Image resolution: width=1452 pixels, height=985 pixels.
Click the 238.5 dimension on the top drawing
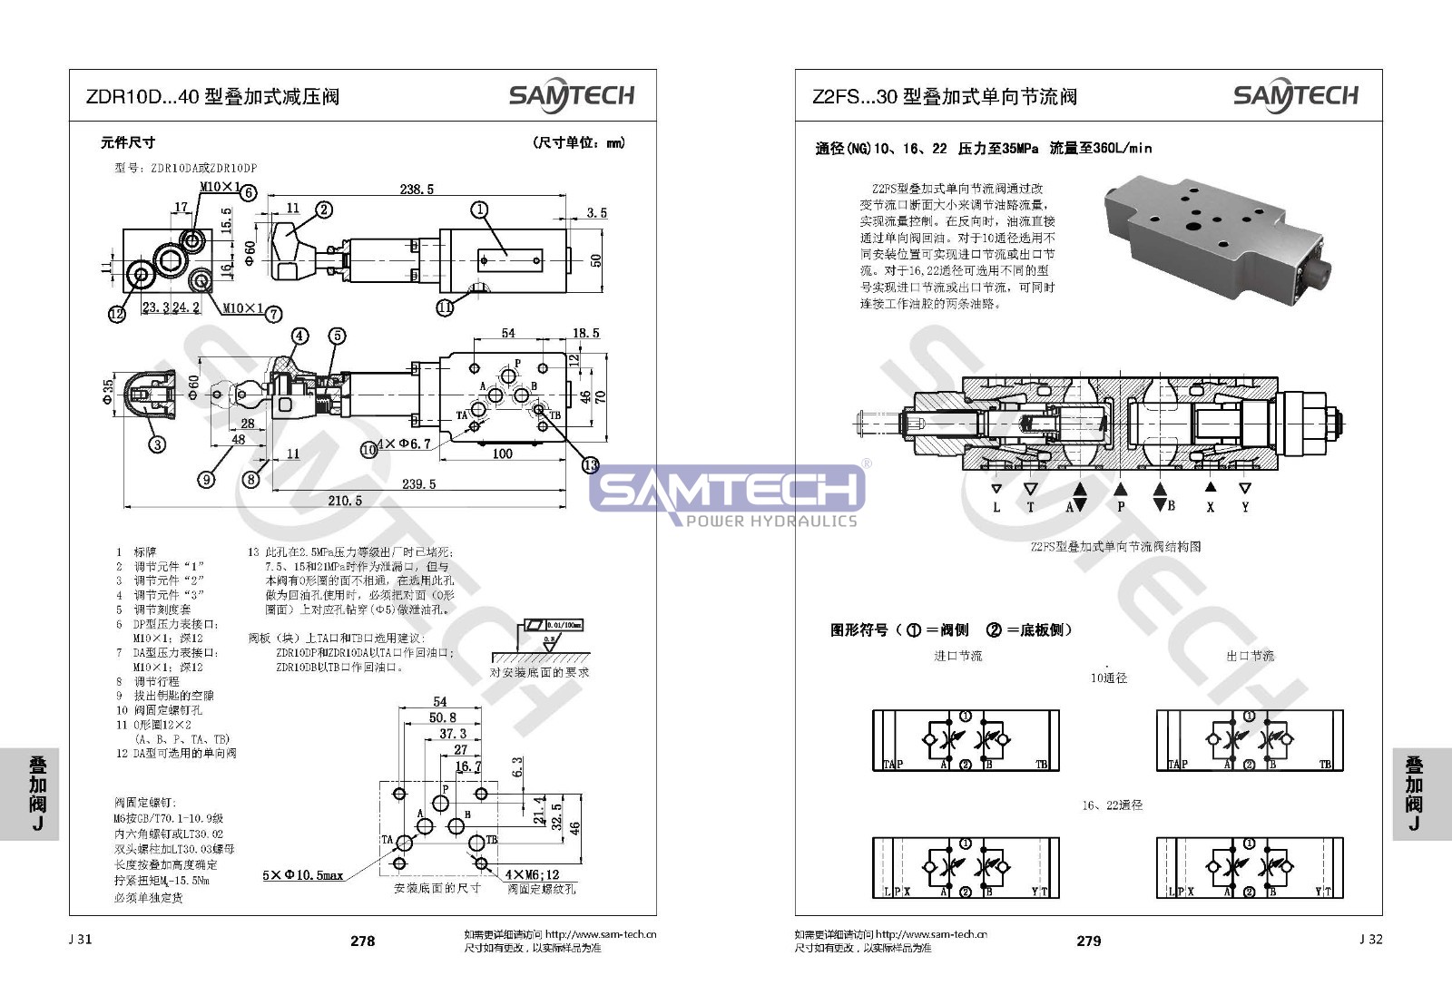click(x=417, y=190)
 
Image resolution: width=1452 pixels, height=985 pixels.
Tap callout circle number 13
click(x=591, y=465)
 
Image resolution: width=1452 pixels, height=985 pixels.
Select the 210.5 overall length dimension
click(x=345, y=501)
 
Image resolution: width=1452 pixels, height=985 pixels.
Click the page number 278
click(x=362, y=941)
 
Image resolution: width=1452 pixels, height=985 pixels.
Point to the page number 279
click(x=1088, y=941)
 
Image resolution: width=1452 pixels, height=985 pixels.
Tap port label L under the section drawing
click(x=996, y=507)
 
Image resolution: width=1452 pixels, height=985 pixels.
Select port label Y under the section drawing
click(x=1245, y=507)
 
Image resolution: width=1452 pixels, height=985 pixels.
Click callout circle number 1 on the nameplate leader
click(x=479, y=210)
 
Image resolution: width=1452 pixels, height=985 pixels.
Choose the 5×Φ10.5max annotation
click(x=303, y=875)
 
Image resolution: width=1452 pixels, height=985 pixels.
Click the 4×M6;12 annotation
click(x=535, y=875)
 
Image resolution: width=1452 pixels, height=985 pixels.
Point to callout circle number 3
click(x=157, y=444)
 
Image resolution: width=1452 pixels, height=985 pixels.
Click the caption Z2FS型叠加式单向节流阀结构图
click(x=1115, y=546)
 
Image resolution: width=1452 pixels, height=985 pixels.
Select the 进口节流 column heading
click(x=958, y=656)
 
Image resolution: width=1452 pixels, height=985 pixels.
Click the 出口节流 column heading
click(x=1250, y=656)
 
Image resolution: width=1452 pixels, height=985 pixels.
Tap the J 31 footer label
click(x=80, y=939)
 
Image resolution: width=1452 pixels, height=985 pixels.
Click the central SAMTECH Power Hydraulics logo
click(x=726, y=495)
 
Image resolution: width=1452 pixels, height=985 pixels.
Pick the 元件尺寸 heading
click(x=127, y=142)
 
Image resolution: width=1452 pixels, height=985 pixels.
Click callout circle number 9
click(x=207, y=479)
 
